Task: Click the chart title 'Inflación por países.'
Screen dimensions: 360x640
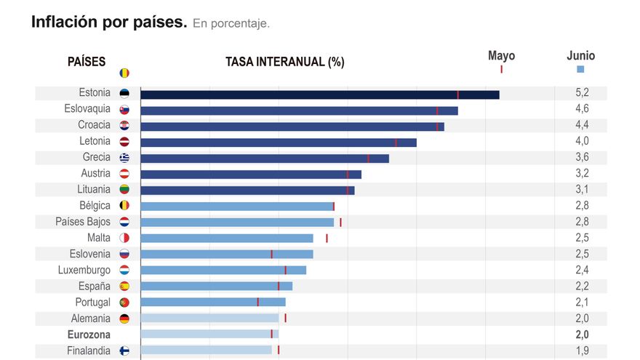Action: [x=109, y=23]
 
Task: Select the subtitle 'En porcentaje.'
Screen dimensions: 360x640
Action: [x=231, y=24]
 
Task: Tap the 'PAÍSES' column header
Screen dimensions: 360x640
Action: [x=87, y=62]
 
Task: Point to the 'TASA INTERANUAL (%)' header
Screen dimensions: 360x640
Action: [x=285, y=62]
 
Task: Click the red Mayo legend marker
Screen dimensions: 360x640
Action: [x=501, y=69]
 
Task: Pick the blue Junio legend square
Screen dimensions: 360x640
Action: [x=580, y=69]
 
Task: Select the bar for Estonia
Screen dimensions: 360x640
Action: [x=319, y=95]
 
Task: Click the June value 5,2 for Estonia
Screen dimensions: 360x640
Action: [x=582, y=93]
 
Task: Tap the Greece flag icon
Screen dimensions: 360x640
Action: [x=124, y=158]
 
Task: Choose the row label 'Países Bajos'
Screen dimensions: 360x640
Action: [x=83, y=222]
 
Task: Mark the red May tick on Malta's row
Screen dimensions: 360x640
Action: [x=327, y=238]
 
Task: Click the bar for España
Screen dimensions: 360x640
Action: [x=216, y=286]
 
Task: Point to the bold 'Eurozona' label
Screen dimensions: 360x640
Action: [x=89, y=335]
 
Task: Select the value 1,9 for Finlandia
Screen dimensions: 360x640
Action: [x=582, y=351]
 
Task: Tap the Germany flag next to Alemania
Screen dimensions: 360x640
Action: [x=124, y=319]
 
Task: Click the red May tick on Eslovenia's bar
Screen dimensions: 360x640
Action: [x=271, y=254]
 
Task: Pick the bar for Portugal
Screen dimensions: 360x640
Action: [x=212, y=302]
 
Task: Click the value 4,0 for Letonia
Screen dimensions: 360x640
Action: [x=582, y=141]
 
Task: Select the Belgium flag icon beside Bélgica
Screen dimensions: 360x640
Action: [x=124, y=206]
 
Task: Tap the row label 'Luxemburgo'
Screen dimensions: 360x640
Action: [x=84, y=270]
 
